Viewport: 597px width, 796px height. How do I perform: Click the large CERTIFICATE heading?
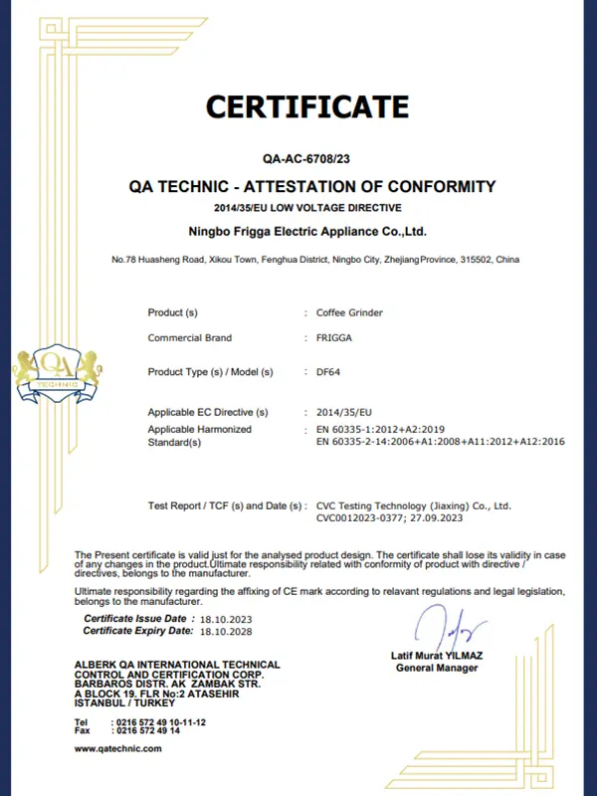[307, 106]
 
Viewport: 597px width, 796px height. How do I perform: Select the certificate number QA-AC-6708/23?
[307, 157]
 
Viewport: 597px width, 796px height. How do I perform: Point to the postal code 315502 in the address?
[476, 260]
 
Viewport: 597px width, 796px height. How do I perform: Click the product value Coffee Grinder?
[349, 312]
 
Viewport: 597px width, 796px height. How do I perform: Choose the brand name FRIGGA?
[333, 338]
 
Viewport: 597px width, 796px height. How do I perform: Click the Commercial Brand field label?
[189, 338]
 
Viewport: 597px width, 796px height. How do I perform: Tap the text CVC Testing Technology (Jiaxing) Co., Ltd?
[413, 505]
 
